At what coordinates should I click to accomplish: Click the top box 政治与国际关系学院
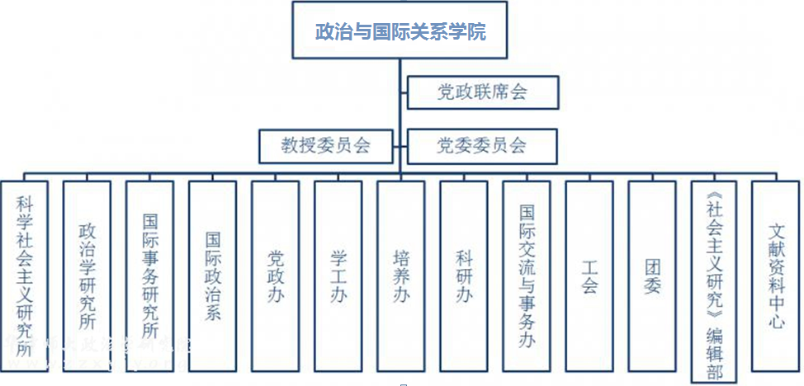[401, 31]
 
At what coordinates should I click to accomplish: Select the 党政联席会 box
[483, 92]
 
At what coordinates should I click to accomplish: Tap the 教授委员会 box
[327, 146]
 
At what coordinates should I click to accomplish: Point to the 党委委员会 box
[483, 146]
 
